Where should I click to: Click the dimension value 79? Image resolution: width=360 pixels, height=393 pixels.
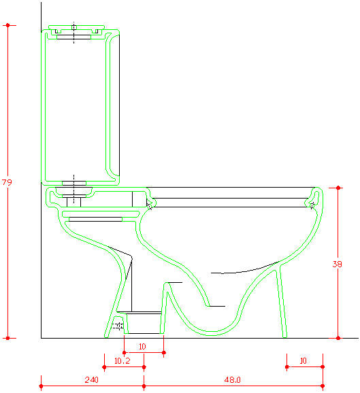coord(7,182)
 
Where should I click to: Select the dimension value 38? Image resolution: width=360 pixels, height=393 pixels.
coord(337,264)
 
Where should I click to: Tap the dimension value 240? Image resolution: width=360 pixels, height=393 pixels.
coord(92,380)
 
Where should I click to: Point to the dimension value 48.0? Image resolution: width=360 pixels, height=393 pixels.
coord(232,380)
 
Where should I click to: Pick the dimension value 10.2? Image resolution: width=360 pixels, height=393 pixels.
coord(122,361)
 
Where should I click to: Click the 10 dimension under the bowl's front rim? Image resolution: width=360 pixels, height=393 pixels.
coord(304,361)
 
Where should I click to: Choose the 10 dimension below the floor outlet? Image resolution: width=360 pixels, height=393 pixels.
coord(142,347)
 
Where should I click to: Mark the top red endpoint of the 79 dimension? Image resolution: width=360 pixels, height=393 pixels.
coord(7,25)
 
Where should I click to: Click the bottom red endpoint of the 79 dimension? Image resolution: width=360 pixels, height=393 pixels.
coord(7,338)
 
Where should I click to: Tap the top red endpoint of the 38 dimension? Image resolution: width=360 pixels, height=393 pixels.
coord(338,188)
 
